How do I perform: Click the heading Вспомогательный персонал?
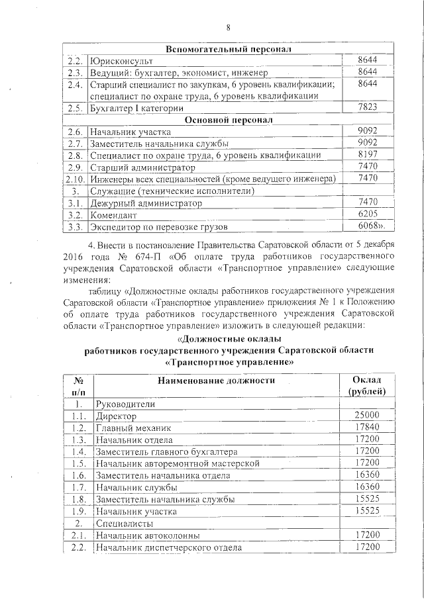tap(229, 49)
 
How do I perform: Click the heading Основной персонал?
tap(229, 120)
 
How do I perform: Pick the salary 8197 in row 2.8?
tap(366, 155)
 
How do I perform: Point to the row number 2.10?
tap(75, 179)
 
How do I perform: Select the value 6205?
tap(366, 214)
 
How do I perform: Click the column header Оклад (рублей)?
tap(366, 385)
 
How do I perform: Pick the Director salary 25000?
tap(366, 416)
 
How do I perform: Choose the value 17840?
tap(366, 428)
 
